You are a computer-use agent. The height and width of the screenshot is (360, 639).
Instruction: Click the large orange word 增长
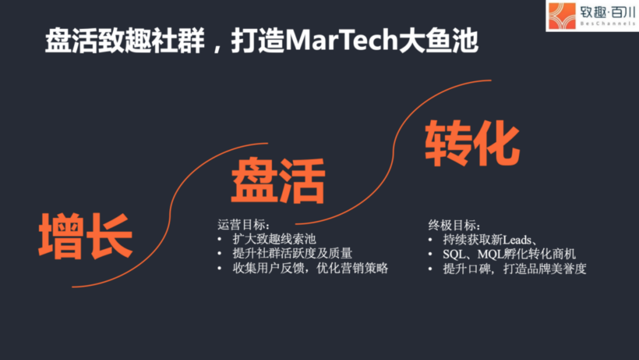point(86,236)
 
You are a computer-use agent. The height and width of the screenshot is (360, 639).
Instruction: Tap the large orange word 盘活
point(277,180)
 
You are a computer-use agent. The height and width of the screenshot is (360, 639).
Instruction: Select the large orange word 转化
point(472,143)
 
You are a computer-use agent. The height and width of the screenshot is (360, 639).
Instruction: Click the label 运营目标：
point(244,225)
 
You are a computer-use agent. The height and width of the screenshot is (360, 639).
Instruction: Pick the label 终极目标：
point(454,225)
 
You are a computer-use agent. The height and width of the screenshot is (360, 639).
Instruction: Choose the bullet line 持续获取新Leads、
point(489,239)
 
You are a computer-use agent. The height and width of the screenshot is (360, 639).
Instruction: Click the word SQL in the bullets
point(454,253)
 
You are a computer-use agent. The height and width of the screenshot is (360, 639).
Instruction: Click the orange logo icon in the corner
point(561,16)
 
